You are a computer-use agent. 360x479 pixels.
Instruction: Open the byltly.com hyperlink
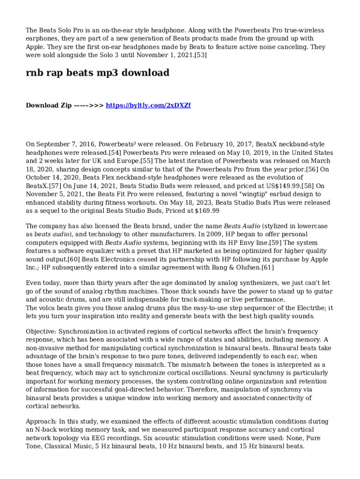(x=148, y=105)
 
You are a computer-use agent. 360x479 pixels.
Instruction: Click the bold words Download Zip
(x=49, y=105)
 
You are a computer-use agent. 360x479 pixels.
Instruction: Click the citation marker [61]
(x=267, y=268)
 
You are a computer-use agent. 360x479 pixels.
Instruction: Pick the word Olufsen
(x=247, y=268)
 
